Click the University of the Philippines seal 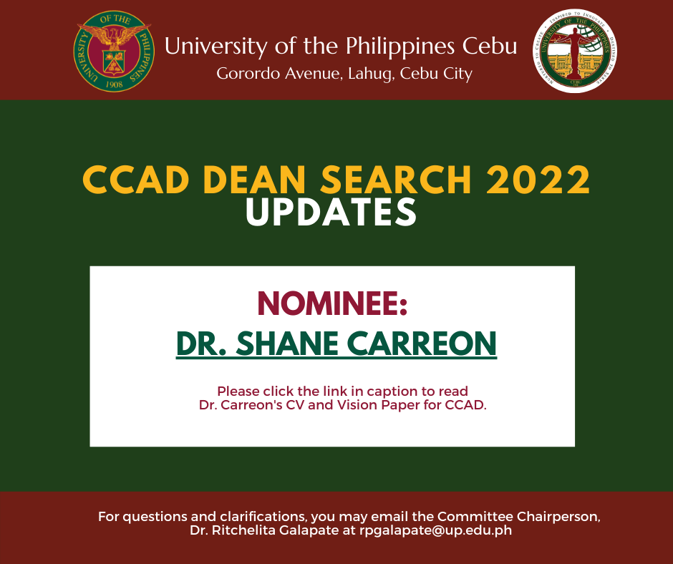click(114, 51)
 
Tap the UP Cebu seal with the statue click(575, 51)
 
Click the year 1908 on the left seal click(114, 84)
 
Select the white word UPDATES click(331, 212)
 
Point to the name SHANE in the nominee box click(287, 344)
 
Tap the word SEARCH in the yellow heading click(396, 180)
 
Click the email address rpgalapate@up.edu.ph click(435, 530)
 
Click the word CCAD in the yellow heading click(136, 180)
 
